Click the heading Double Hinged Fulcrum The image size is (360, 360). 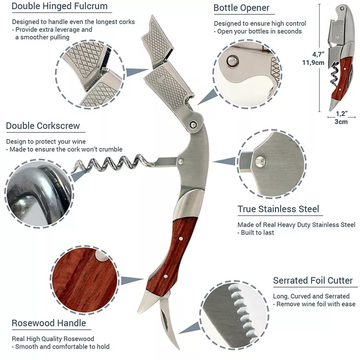click(60, 7)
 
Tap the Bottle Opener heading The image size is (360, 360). click(241, 8)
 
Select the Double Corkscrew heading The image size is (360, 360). click(43, 126)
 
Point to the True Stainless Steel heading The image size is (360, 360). click(278, 209)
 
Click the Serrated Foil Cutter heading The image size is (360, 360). click(313, 281)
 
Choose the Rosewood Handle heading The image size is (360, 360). click(48, 323)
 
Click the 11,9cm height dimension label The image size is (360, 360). click(313, 62)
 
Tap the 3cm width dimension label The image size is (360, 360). click(341, 121)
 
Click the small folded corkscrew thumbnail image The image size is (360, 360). click(342, 58)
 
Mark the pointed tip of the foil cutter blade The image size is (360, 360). click(176, 348)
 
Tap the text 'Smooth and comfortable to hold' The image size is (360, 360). click(62, 347)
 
